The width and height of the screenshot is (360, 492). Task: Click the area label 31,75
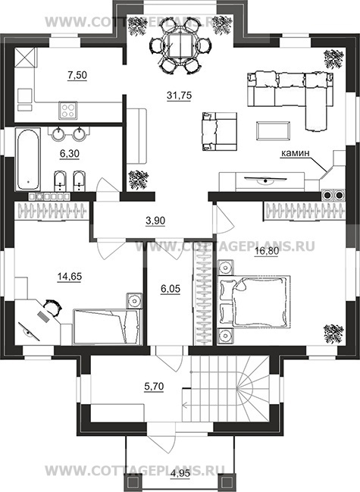tap(179, 95)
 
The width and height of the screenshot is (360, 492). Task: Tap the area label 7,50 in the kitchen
tap(77, 75)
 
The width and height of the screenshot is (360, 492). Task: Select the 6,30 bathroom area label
tap(69, 153)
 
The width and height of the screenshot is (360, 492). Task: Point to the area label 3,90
tap(155, 221)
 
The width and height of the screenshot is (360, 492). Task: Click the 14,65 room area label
tap(70, 277)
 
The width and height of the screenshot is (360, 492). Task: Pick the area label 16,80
tap(266, 251)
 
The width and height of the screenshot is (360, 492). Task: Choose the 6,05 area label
tap(171, 288)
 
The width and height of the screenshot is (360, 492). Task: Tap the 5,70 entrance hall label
tap(154, 387)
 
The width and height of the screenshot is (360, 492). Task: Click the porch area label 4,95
tap(180, 482)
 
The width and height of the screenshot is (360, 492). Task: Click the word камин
tap(295, 153)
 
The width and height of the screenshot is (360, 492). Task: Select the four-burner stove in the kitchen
tap(67, 111)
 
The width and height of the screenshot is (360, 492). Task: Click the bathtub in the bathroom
tap(28, 159)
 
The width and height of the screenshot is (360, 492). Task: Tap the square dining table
tap(179, 45)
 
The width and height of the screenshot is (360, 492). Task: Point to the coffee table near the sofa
tap(273, 131)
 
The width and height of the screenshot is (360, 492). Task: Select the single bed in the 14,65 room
tap(108, 327)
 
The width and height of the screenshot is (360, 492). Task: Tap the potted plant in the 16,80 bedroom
tap(333, 334)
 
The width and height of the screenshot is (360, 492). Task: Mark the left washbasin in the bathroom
tap(58, 134)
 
